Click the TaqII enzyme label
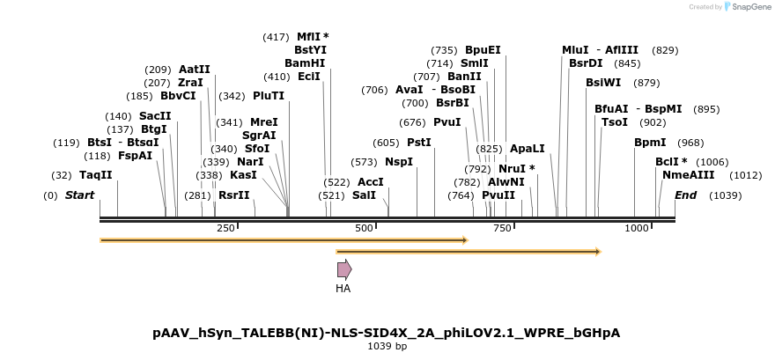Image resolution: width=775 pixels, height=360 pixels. tap(95, 175)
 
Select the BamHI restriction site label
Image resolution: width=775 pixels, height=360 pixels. tap(305, 63)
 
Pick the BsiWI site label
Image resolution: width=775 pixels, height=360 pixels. tap(603, 82)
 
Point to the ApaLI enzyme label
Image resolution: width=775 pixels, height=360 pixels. tap(528, 149)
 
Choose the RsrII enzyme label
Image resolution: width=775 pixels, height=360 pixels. tap(233, 195)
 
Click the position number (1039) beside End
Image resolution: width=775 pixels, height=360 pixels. tap(725, 195)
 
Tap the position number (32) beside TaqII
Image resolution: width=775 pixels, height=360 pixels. tap(62, 175)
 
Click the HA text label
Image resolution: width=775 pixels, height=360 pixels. tap(343, 288)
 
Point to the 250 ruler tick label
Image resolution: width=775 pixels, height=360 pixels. tap(225, 228)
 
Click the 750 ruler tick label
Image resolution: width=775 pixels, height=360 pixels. tap(502, 228)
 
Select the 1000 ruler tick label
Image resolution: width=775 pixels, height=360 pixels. tap(636, 228)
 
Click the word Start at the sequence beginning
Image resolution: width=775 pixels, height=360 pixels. tap(79, 195)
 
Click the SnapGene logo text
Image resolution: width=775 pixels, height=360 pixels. tap(751, 7)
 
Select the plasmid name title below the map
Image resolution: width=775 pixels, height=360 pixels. tap(387, 333)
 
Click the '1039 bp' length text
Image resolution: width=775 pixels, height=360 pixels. tap(387, 347)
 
